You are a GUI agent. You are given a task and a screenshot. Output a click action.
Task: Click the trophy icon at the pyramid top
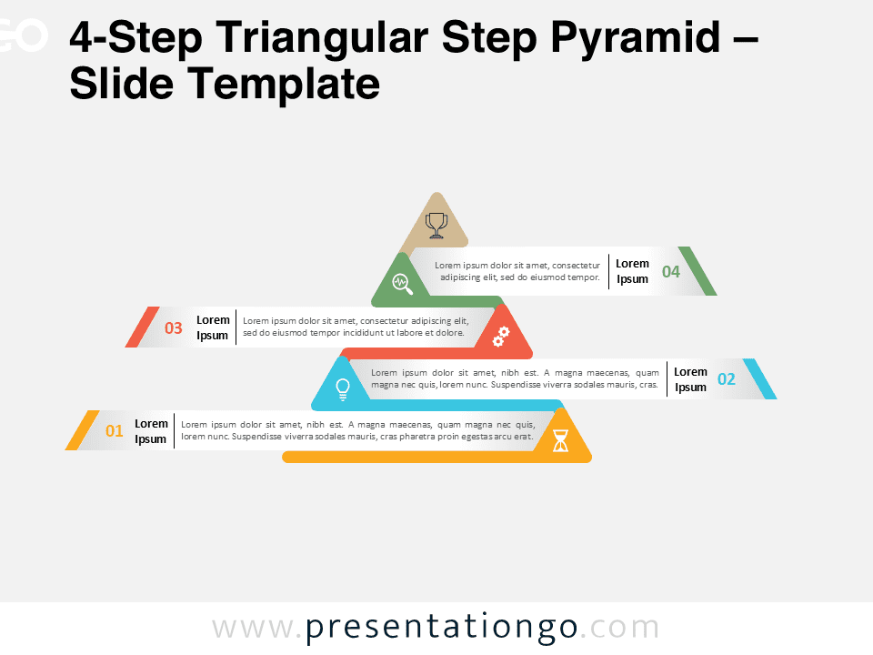(436, 224)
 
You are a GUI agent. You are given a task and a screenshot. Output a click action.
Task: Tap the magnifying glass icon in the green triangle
(402, 283)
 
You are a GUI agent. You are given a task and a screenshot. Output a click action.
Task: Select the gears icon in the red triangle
(500, 336)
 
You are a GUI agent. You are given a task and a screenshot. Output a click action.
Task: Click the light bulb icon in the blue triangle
(343, 388)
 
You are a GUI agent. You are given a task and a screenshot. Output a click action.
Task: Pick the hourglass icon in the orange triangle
(560, 440)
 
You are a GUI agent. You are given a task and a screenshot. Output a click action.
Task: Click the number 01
(115, 431)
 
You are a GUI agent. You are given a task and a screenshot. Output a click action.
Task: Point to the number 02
(727, 379)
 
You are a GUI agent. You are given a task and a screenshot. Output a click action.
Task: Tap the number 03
(174, 328)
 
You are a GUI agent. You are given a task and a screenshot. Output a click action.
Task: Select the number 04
(671, 271)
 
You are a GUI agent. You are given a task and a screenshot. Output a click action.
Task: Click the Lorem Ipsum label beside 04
(632, 271)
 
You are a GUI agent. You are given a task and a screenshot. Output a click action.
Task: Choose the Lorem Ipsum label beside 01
(151, 431)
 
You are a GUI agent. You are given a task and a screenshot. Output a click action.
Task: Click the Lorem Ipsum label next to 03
(213, 327)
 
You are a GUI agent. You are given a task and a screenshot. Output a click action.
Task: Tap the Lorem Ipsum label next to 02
(690, 379)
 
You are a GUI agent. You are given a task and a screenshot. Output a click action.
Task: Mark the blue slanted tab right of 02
(759, 379)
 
